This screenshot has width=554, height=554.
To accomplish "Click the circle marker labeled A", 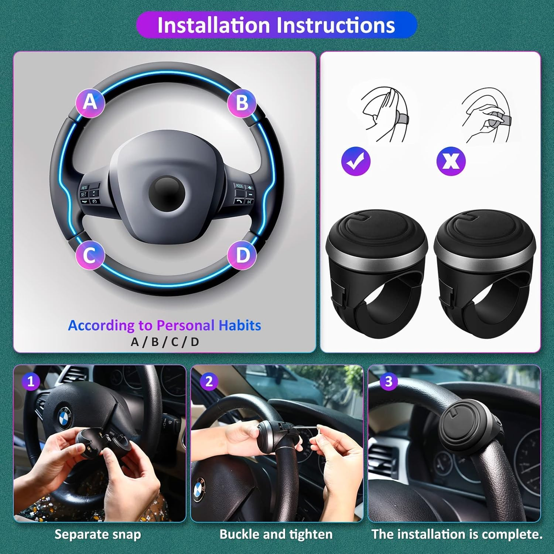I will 90,103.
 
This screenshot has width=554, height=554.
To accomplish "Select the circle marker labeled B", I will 242,103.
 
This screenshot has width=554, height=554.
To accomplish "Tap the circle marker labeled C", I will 90,255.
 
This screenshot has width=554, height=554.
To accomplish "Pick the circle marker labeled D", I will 242,255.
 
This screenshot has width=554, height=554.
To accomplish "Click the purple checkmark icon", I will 356,161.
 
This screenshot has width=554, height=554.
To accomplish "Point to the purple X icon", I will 451,161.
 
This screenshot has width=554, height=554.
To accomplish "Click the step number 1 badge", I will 31,381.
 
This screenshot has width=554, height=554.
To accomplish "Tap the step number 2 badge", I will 209,381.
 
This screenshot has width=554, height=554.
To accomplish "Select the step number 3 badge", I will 388,381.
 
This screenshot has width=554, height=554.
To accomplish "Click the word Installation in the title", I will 213,25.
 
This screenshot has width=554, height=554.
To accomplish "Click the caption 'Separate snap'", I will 98,534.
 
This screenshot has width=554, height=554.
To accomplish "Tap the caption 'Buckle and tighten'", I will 276,534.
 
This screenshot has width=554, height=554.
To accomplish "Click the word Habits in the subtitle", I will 240,325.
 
